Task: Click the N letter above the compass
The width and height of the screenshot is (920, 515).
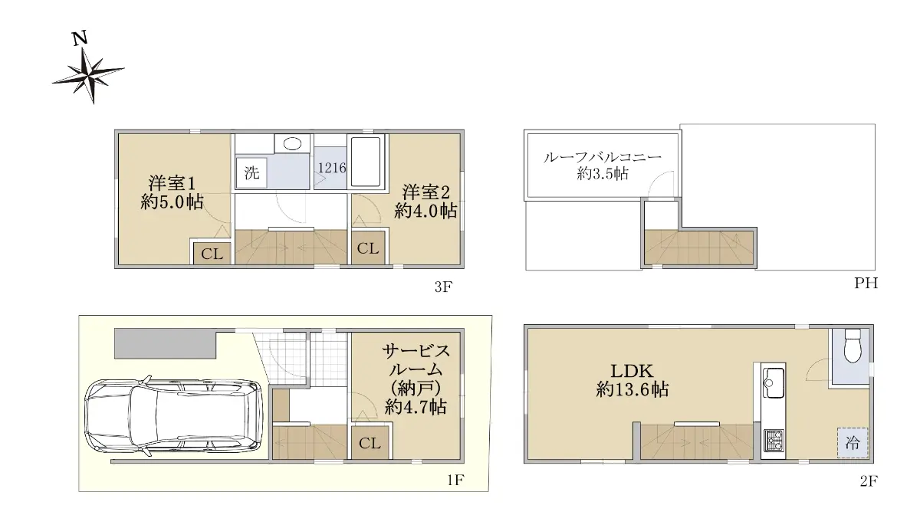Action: [x=80, y=38]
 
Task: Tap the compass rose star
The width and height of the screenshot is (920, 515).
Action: [x=88, y=76]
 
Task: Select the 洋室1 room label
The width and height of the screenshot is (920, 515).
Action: [x=172, y=183]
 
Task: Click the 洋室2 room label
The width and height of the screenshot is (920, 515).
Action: [x=426, y=192]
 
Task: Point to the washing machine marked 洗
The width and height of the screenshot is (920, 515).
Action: [x=251, y=173]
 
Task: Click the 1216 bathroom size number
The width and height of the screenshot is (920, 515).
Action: [x=332, y=168]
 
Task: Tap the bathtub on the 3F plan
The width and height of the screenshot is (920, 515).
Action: [x=366, y=162]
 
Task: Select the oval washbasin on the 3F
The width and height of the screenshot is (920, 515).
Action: [x=292, y=144]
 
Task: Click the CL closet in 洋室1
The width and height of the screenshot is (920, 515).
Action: [x=212, y=254]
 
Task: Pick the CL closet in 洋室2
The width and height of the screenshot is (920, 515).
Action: [x=368, y=248]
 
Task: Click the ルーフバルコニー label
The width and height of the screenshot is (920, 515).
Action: [x=602, y=158]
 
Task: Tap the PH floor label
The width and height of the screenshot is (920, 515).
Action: [x=866, y=283]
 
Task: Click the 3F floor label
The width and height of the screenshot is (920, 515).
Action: [x=443, y=287]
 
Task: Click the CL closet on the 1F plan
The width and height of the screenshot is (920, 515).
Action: [x=370, y=443]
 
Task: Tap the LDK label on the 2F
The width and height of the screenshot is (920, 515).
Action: [x=632, y=371]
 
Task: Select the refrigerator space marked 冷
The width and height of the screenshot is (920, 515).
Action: [x=853, y=443]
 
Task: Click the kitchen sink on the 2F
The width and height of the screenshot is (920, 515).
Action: [x=774, y=382]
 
